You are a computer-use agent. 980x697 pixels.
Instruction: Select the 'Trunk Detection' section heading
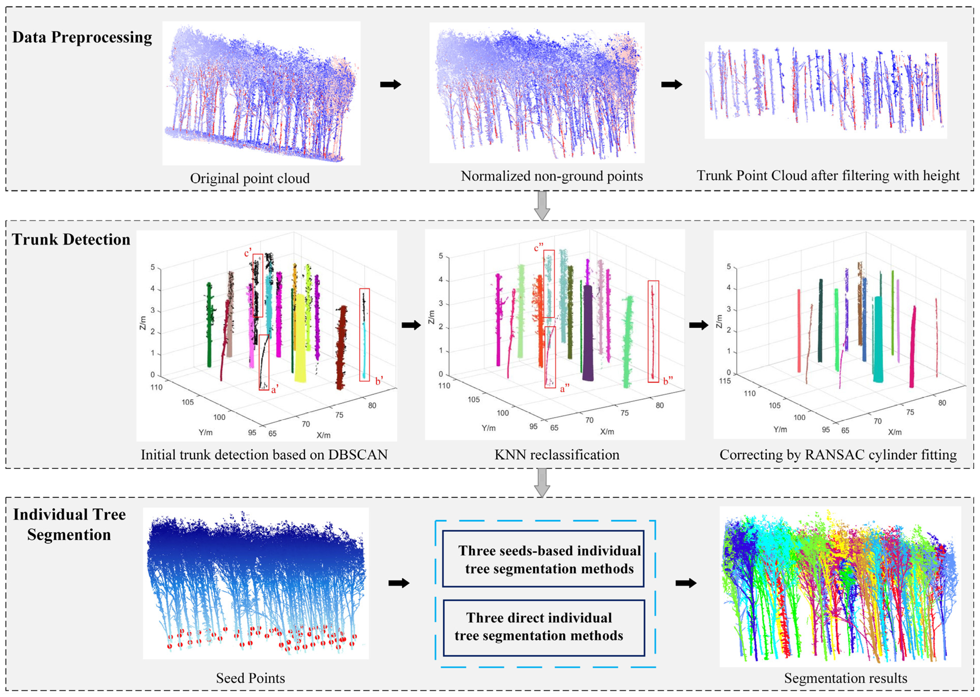(71, 239)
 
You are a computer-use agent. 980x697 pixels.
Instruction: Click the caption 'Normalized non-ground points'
(551, 176)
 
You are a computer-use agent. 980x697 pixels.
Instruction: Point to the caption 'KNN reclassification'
(557, 455)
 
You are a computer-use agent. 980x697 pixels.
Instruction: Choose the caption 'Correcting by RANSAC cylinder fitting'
(838, 455)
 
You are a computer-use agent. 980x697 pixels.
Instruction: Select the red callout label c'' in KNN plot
(538, 248)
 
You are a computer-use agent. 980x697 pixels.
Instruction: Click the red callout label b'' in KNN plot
(668, 381)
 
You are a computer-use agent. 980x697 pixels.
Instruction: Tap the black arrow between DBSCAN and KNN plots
(411, 325)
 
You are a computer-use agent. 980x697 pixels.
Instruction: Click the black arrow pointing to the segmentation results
(686, 583)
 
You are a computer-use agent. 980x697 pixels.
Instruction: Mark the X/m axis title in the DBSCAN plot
(323, 435)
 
